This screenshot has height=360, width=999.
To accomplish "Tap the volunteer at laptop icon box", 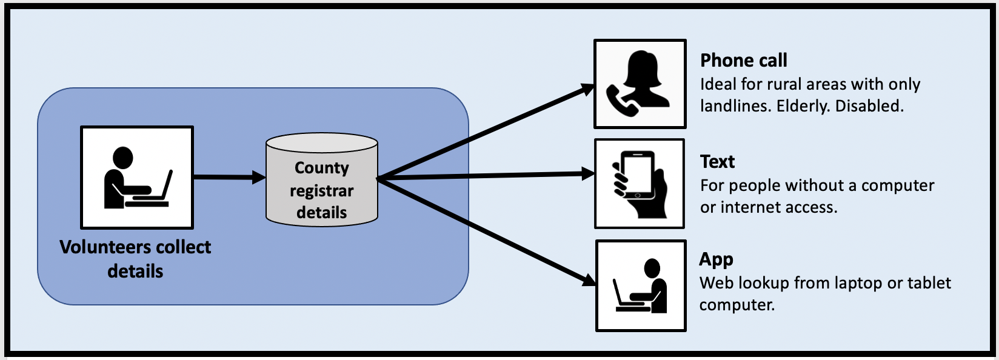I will pos(137,177).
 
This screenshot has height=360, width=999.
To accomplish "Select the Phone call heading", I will pos(744,61).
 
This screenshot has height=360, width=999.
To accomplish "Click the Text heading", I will pos(717,162).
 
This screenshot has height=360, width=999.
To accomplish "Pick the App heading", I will pos(716,259).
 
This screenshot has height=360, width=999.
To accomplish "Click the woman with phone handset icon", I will pos(640,84).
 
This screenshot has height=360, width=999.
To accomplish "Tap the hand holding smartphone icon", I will pos(640,184).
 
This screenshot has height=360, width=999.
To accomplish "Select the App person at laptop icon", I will pos(641,285).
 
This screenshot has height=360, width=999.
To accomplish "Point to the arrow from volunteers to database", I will pos(229,177).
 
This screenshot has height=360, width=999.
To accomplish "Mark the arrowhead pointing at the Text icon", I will pos(587,174).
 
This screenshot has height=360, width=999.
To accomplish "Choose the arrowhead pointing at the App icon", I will pos(588,280).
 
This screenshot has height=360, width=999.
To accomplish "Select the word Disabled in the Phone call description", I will pos(869,106).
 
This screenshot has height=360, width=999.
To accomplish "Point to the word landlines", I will pos(734,106).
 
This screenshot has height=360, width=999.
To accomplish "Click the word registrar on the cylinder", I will pos(321,191).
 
